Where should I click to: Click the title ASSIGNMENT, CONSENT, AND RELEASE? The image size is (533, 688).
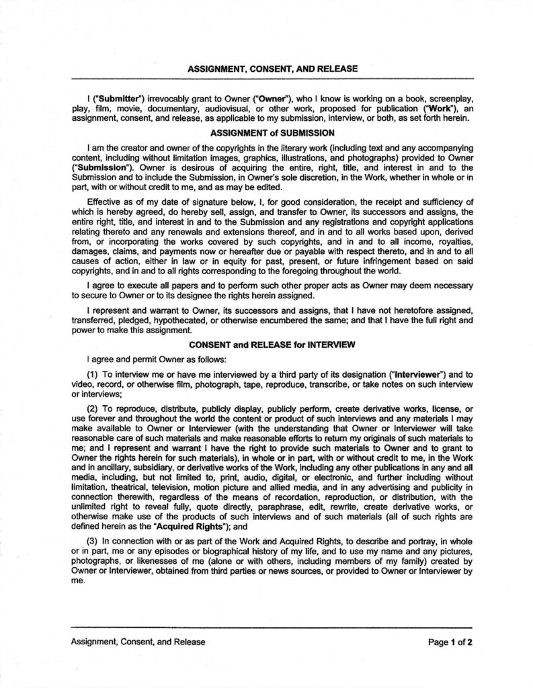coord(272,69)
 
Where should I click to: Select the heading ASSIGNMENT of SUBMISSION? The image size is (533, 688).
coord(272,133)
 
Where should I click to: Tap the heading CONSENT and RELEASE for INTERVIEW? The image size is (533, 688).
coord(272,345)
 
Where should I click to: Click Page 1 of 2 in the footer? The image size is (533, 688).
coord(450,642)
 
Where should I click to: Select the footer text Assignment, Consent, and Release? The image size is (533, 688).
coord(138,642)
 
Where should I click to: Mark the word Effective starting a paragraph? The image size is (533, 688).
coord(105,201)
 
